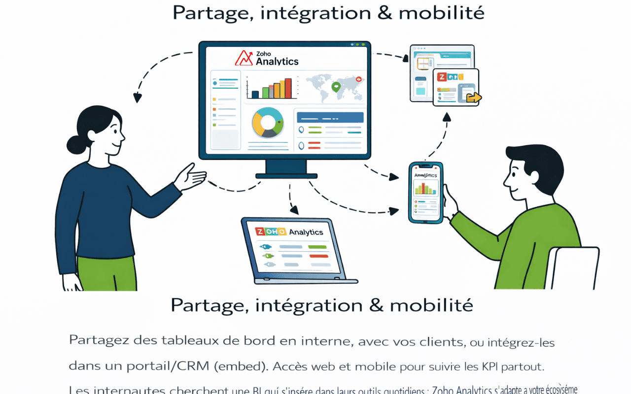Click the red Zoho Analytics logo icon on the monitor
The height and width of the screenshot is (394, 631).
click(244, 58)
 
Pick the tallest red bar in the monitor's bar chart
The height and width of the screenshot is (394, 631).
click(288, 88)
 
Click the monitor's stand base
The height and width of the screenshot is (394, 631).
click(286, 175)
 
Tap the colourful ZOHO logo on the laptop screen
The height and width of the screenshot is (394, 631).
click(270, 232)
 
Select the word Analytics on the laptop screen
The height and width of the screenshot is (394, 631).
click(306, 232)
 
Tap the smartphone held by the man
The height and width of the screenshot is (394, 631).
click(424, 193)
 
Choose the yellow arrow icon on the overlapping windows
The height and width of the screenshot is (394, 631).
click(474, 97)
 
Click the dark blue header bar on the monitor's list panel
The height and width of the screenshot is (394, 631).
click(329, 117)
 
